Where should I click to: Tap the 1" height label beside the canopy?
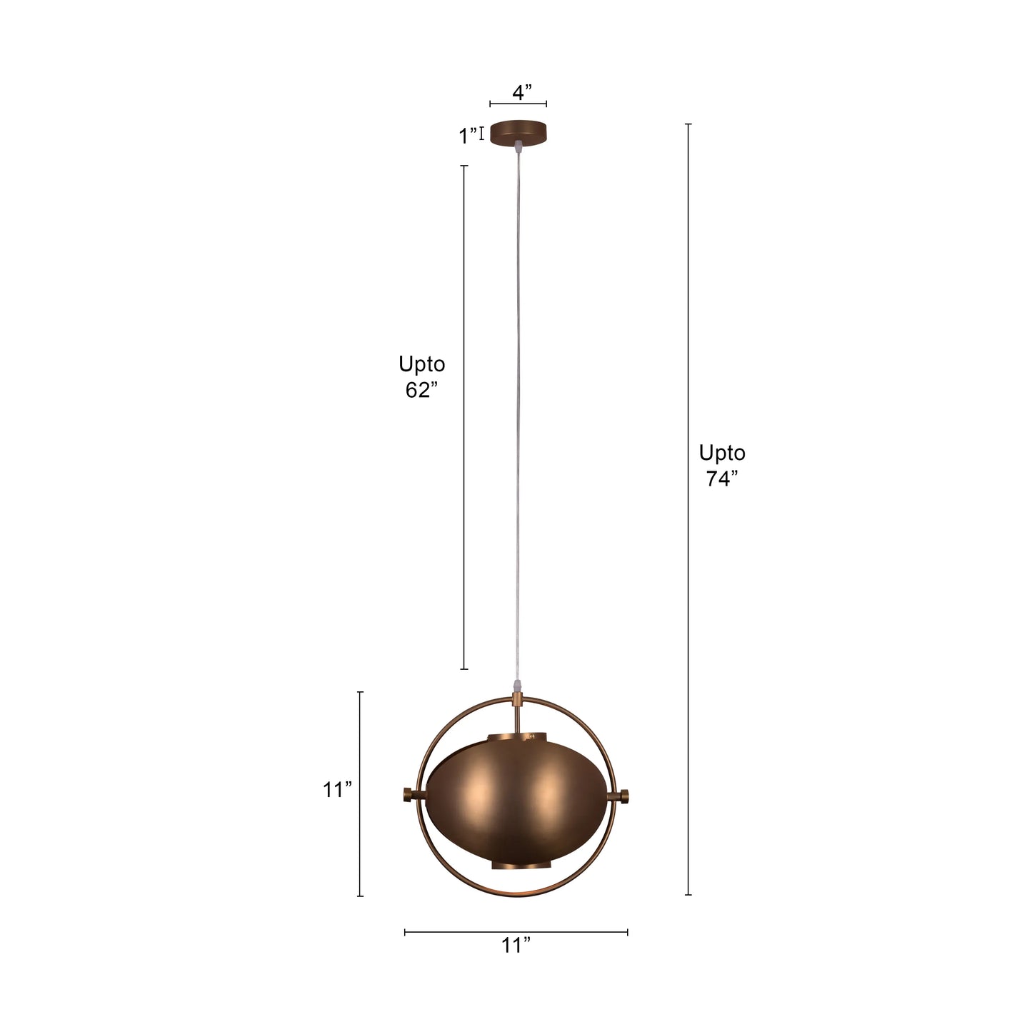469,136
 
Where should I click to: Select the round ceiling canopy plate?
518,132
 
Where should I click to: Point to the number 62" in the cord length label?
421,391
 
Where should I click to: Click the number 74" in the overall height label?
721,479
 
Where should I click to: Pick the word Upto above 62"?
421,364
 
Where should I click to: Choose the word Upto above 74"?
721,453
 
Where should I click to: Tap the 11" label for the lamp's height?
337,790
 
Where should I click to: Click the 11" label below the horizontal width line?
516,946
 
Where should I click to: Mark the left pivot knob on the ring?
410,795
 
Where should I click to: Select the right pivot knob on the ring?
623,795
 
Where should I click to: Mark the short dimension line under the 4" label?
518,105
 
